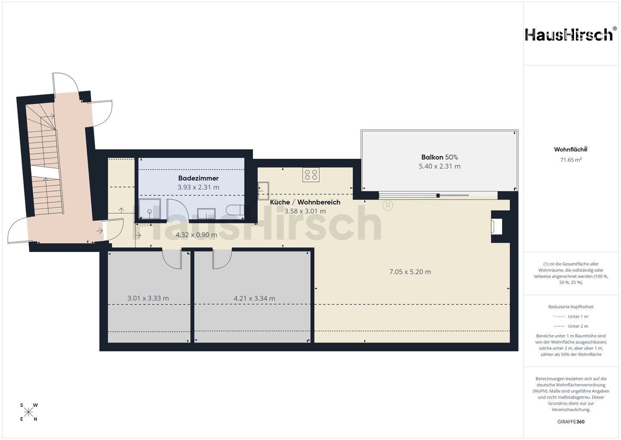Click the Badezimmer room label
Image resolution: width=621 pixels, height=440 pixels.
(x=198, y=178)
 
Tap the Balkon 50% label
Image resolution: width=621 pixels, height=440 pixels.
(x=439, y=157)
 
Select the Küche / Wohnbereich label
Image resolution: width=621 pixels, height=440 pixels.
(x=305, y=202)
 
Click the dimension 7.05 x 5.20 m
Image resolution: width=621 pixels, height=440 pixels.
(x=410, y=272)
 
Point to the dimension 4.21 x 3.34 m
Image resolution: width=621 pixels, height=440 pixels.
(x=254, y=298)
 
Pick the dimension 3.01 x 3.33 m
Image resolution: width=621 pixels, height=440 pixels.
(x=148, y=298)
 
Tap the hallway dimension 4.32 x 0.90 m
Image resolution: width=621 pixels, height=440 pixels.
(x=196, y=235)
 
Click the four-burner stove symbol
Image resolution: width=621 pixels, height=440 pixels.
(x=311, y=174)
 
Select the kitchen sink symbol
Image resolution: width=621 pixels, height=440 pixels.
(x=263, y=191)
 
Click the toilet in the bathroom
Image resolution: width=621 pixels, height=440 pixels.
(x=235, y=210)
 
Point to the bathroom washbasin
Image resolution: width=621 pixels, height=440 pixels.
(x=206, y=214)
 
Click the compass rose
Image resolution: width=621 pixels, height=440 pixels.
(x=28, y=412)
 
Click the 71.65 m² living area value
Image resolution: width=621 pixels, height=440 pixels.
(x=571, y=160)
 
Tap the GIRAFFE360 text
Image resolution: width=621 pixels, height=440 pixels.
(x=571, y=422)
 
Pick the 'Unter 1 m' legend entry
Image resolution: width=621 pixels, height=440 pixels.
(x=571, y=317)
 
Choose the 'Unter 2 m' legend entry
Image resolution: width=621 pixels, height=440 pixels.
(x=571, y=326)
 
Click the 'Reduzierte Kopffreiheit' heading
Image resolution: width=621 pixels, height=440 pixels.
(x=571, y=307)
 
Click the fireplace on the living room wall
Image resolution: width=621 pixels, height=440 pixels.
(x=496, y=226)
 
